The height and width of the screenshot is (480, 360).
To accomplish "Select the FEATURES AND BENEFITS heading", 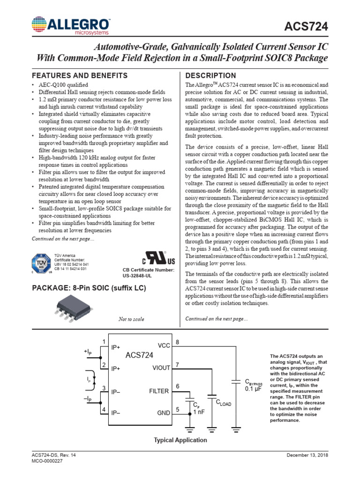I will click(79, 75).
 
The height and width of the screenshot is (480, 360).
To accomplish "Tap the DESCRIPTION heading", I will click(211, 75).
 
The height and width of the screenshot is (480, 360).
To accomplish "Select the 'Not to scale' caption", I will click(131, 319).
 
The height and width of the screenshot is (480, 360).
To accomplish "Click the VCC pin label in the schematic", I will click(164, 345).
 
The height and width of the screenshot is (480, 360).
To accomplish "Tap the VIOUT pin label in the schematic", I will click(161, 368).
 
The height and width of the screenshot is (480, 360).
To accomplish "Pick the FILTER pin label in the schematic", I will click(159, 390).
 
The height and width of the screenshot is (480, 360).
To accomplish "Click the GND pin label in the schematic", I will click(164, 413).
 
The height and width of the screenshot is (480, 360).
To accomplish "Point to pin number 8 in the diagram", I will click(177, 342).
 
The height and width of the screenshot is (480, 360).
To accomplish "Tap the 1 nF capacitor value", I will click(199, 412).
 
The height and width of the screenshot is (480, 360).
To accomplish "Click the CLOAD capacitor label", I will click(223, 402).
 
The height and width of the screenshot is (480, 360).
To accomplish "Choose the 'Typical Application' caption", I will click(180, 440).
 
